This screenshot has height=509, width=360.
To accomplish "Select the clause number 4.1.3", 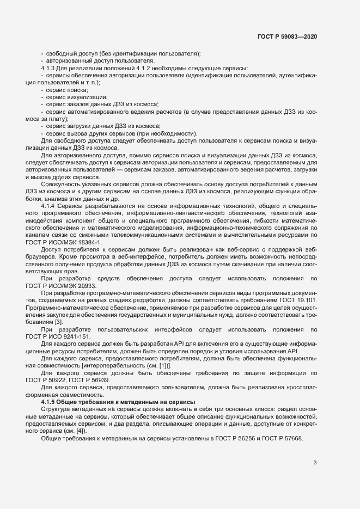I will point(50,68).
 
